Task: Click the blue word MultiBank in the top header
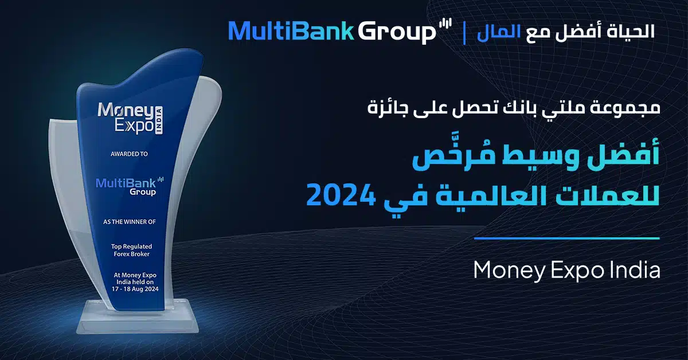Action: click(291, 31)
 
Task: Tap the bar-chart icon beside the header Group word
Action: click(445, 24)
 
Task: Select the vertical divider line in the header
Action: click(464, 32)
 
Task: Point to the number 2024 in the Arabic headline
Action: click(341, 194)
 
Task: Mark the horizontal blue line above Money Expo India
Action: click(566, 238)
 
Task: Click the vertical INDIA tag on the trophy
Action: click(158, 120)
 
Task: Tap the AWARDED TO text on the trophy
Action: click(129, 154)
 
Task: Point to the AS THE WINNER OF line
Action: click(130, 221)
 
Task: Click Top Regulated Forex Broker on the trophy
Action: click(131, 250)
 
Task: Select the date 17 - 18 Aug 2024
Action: click(135, 289)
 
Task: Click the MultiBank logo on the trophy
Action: click(130, 186)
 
